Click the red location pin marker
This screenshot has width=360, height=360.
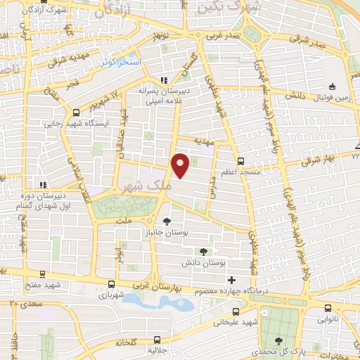181,165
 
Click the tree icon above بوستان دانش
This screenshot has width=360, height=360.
203,251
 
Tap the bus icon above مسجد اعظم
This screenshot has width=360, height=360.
240,160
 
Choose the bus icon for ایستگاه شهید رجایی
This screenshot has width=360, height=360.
76,112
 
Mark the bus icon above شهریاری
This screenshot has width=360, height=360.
112,285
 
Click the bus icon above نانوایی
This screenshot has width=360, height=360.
328,307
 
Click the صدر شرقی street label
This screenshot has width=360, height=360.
310,43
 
